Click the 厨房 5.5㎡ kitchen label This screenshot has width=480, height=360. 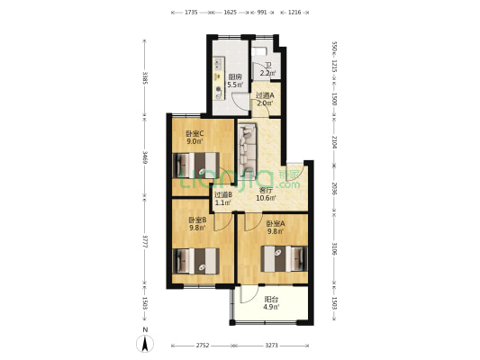point(234,81)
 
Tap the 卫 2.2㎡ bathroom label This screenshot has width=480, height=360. point(267,69)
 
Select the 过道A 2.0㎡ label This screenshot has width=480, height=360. point(265,99)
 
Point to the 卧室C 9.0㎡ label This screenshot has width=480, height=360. point(195,137)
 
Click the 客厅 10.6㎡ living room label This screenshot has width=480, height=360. point(266,193)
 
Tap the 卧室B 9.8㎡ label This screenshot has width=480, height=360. point(197,224)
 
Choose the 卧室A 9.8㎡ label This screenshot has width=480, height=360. point(275,227)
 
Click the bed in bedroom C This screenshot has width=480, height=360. point(197,165)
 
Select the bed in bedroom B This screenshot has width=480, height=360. point(196,261)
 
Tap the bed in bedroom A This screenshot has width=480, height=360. point(285,258)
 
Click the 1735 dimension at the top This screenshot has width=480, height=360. point(191,13)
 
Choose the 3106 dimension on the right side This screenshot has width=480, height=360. point(334,248)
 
